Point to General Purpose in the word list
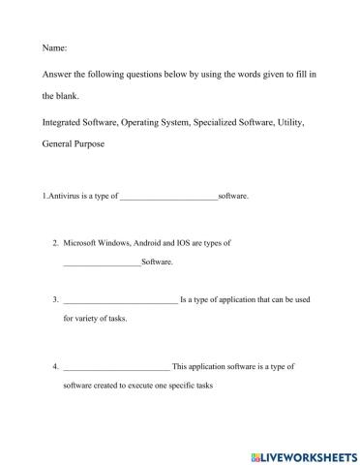pos(74,143)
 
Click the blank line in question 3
pos(121,300)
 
